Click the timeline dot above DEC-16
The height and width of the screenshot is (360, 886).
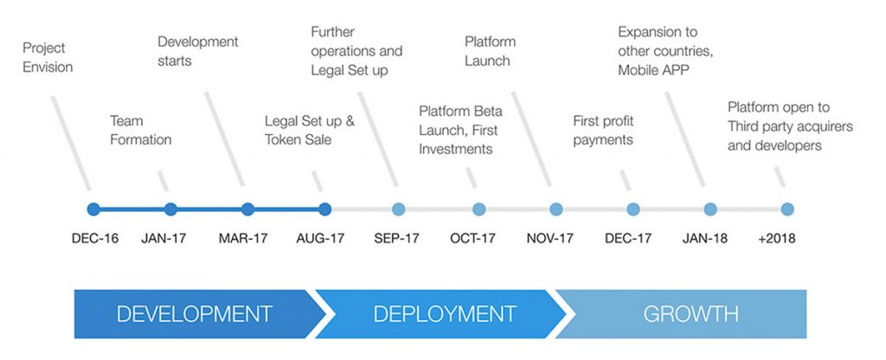pyautogui.click(x=94, y=209)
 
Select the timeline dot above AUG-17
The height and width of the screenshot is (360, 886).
pyautogui.click(x=324, y=209)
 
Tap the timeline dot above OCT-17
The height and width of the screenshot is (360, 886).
pyautogui.click(x=478, y=209)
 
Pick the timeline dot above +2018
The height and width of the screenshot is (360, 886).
pyautogui.click(x=786, y=209)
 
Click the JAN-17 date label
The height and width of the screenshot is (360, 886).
pyautogui.click(x=165, y=238)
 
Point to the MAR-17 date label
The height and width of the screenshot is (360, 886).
pyautogui.click(x=241, y=238)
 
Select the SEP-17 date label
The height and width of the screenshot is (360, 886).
pyautogui.click(x=396, y=238)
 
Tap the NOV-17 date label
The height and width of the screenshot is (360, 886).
pyautogui.click(x=550, y=238)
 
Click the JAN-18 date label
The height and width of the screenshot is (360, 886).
pyautogui.click(x=705, y=238)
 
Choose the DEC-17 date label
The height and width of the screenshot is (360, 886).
pyautogui.click(x=628, y=238)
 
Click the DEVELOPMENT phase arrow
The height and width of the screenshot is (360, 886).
pyautogui.click(x=194, y=313)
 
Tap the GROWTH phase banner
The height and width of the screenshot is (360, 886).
pyautogui.click(x=690, y=313)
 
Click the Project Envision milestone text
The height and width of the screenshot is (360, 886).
pyautogui.click(x=48, y=57)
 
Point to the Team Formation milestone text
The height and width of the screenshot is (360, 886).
pyautogui.click(x=140, y=130)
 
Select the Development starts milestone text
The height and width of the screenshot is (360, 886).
pyautogui.click(x=197, y=51)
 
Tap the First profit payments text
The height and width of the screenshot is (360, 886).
pyautogui.click(x=603, y=130)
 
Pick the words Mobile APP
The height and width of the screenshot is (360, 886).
pyautogui.click(x=653, y=70)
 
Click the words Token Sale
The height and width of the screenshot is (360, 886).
pyautogui.click(x=299, y=139)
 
